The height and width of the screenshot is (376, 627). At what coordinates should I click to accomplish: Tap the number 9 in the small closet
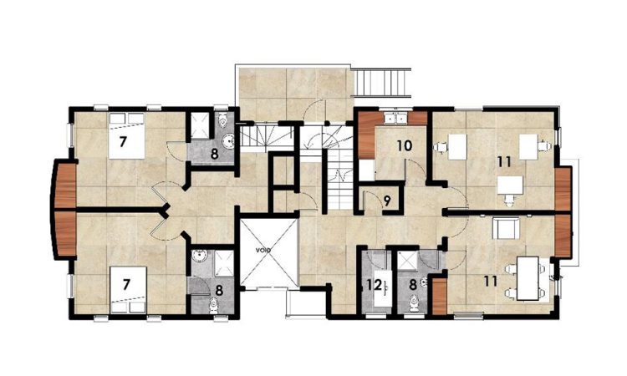tap(386, 201)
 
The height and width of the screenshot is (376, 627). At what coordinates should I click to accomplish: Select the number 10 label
tap(405, 145)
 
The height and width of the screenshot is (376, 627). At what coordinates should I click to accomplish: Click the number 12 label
tap(374, 285)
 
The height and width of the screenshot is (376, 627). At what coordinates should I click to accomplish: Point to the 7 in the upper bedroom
tap(122, 141)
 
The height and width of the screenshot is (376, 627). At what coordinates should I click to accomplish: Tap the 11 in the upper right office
tap(502, 160)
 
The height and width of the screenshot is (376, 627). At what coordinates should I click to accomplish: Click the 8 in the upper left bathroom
tap(214, 153)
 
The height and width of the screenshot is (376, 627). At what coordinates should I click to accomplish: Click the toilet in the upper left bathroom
tap(223, 124)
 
